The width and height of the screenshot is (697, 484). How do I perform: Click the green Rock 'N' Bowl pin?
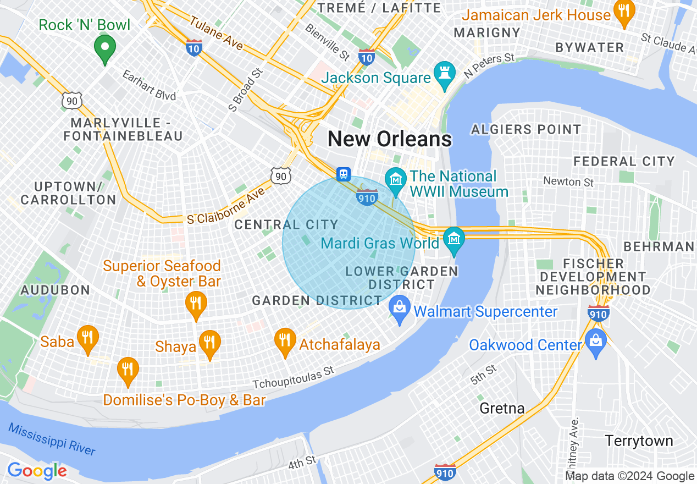(104, 48)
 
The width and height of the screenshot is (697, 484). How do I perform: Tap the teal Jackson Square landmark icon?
(442, 72)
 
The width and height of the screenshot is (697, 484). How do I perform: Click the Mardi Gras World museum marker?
(454, 239)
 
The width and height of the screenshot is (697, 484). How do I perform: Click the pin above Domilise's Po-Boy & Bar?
(128, 370)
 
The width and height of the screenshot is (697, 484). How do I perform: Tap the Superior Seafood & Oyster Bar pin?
(195, 304)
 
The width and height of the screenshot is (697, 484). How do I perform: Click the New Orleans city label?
(390, 139)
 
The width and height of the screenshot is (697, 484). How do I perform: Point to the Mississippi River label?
(52, 439)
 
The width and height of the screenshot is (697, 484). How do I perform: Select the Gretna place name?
(502, 408)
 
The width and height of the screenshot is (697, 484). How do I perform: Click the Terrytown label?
(639, 441)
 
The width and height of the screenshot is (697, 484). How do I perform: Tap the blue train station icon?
(344, 174)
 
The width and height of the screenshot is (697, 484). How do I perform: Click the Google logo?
(36, 471)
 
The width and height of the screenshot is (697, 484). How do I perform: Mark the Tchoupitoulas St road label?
(294, 377)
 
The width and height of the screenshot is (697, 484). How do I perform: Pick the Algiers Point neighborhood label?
(525, 130)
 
